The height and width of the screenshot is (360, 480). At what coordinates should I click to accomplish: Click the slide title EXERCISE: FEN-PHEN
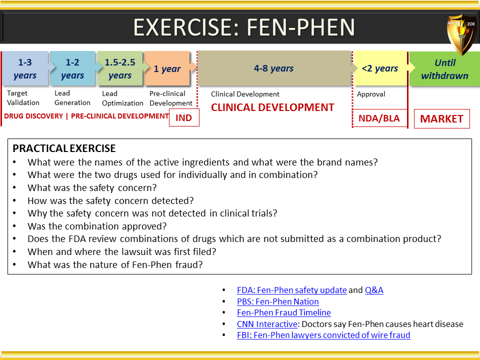coord(244,27)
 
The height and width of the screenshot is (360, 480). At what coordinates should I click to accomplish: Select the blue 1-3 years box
coord(25,68)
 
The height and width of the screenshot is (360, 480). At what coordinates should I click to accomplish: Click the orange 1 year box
coord(167,68)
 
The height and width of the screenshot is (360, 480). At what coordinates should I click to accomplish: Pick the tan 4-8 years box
coord(273,68)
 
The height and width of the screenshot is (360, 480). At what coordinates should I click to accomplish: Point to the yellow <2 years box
coord(380,68)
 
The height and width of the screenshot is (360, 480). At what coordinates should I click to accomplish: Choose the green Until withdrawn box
coord(444,69)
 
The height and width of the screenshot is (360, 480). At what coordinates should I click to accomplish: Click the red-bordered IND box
coord(184,117)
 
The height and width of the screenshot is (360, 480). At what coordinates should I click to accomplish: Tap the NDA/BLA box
coord(379,118)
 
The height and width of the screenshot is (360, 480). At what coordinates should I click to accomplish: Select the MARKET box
coord(441,119)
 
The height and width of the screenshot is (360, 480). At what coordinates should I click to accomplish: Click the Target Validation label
coord(23,97)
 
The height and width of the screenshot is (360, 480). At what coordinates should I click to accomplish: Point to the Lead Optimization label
coord(122,98)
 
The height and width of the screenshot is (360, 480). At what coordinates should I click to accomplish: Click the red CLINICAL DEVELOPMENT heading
coord(272,107)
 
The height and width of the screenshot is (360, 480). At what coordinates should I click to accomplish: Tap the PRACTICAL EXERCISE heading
coord(64,148)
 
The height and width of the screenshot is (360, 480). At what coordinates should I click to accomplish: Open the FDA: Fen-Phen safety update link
coord(291,290)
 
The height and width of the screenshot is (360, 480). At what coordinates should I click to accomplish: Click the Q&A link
coord(374,290)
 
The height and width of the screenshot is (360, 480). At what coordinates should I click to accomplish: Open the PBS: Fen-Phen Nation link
coord(278,301)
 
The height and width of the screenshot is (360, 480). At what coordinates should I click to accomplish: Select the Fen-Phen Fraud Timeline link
coord(284,312)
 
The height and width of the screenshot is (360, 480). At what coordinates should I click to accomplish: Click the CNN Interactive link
coord(267,324)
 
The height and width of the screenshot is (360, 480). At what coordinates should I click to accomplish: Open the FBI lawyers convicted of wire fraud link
coord(323,335)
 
